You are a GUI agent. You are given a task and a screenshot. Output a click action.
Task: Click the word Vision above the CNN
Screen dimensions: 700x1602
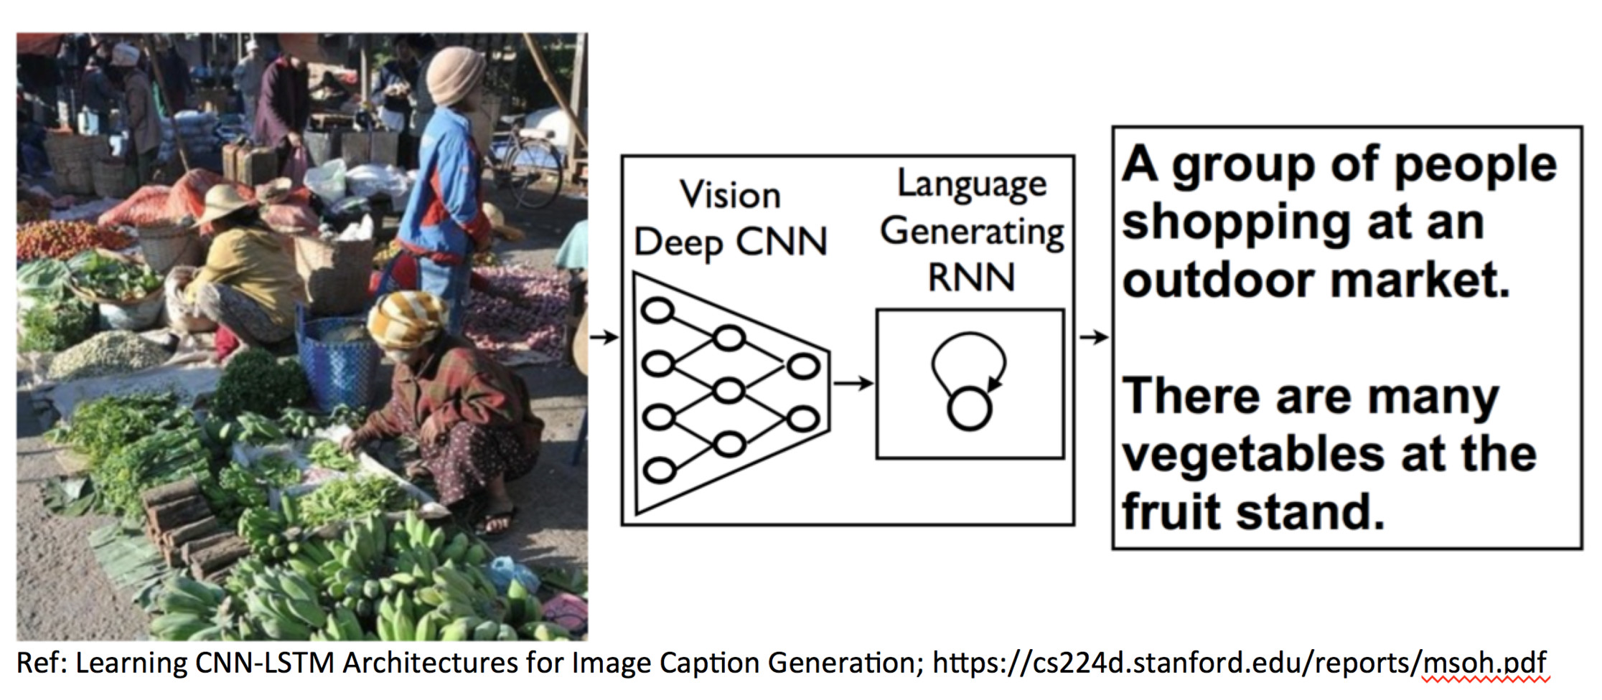730,195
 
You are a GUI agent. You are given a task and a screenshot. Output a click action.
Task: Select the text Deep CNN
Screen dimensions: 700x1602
730,242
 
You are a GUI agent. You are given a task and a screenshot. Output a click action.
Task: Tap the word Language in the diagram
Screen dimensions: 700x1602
972,184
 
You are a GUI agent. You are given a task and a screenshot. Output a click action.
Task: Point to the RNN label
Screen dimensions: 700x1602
971,278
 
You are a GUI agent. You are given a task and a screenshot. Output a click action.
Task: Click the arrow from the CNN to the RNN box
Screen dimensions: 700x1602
853,384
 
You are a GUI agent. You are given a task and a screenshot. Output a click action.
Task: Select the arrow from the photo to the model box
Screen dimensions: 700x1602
604,336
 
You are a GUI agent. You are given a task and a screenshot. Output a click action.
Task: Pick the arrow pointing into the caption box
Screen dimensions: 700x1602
1093,336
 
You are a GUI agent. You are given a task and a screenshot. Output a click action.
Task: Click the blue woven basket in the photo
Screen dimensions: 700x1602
335,362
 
